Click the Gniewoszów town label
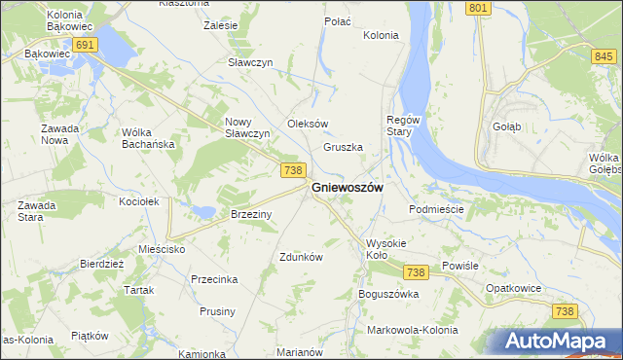coord(347,187)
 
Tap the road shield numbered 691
coord(85,45)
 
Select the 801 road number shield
coord(477,8)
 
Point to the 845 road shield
coord(603,57)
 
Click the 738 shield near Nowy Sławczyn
coord(294,170)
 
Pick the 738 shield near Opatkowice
coord(564,310)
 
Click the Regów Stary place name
coord(403,125)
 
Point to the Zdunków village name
coord(301,257)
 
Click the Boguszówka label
coord(388,293)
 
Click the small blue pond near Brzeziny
coord(203,210)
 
